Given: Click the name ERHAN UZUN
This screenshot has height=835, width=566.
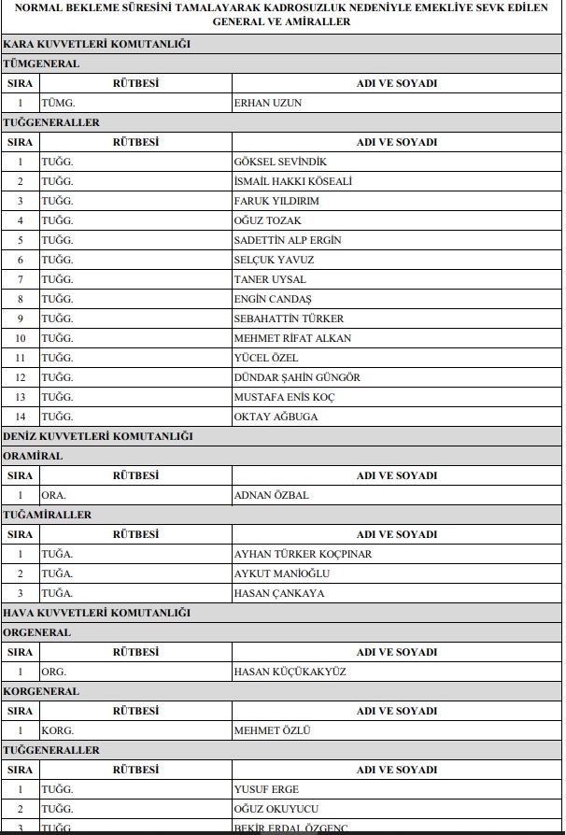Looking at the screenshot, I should coord(268,103).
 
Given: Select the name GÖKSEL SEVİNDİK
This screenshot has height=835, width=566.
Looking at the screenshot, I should coord(280,162).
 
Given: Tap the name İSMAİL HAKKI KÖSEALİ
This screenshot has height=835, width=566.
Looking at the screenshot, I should coord(292,181).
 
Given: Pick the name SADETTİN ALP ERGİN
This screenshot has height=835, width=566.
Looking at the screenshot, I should coord(287,240).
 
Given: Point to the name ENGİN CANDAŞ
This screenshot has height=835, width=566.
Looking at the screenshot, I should coord(273,299).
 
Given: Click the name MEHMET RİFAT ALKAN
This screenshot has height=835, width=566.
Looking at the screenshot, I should coord(292,338).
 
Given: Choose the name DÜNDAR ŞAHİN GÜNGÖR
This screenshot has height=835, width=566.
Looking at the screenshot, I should coord(296,377).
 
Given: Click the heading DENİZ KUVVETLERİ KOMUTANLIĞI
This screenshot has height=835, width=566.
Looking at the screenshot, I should coord(98,436).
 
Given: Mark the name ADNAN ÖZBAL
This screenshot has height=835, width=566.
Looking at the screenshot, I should coord(271,495).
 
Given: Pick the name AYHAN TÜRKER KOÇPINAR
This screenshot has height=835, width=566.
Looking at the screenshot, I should coord(302,554).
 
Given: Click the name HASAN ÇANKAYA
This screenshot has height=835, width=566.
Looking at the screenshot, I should coord(279,593).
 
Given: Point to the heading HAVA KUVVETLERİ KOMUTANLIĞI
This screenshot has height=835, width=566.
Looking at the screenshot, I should coord(97,613).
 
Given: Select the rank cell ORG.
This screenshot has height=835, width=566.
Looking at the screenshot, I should coord(54,672).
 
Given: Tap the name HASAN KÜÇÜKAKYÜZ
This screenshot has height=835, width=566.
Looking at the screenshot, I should coord(289,672).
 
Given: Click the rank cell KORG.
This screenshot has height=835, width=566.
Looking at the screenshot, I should coord(58,730).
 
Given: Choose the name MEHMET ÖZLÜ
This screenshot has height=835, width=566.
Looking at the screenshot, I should coord(272,730).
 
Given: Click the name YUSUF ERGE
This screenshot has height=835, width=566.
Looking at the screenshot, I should coord(266,789).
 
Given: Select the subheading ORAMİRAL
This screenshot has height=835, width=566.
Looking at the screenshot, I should coord(34,456).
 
